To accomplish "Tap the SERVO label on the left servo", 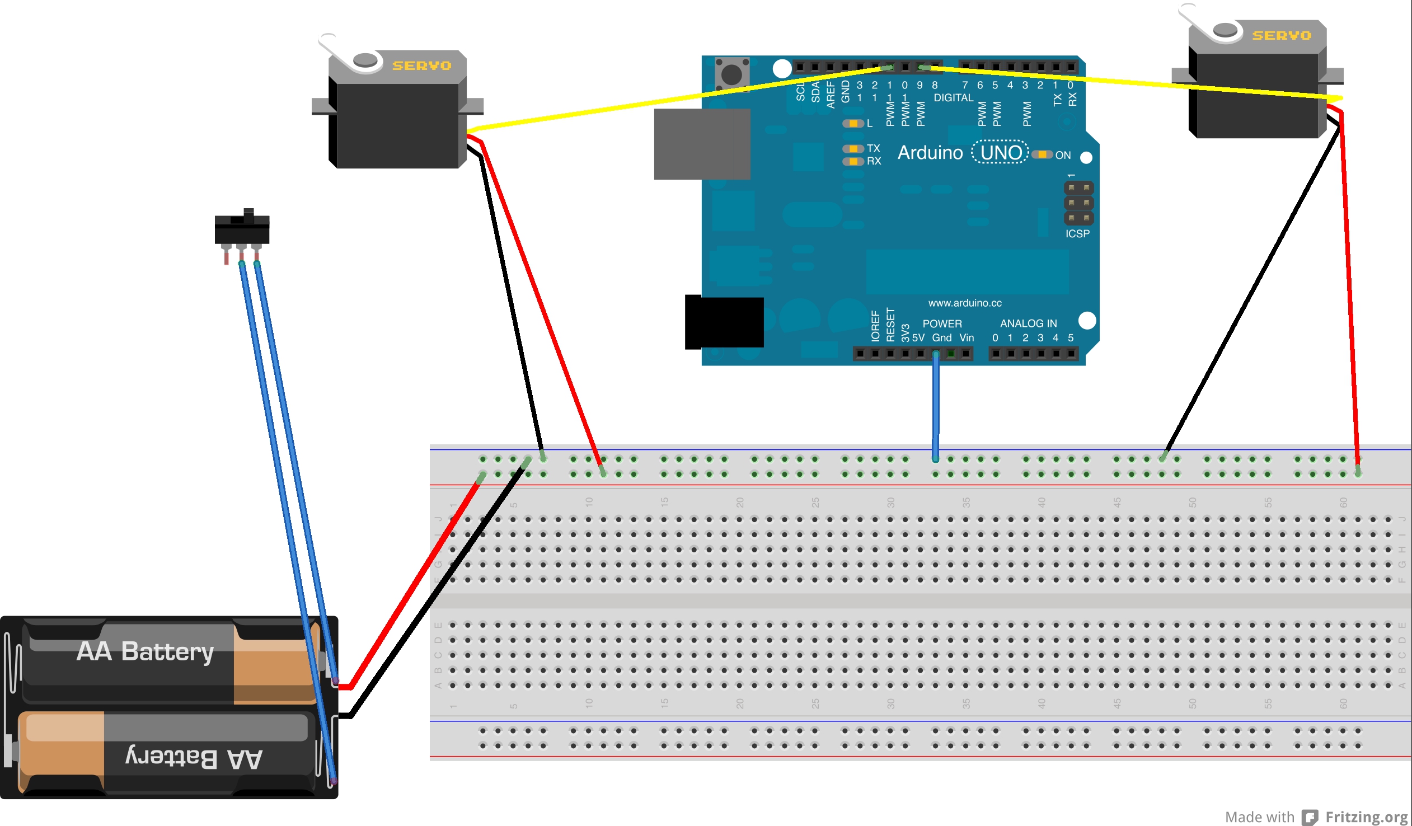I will coord(421,66).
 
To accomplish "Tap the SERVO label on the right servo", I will coord(1282,36).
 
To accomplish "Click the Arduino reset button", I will coord(732,74).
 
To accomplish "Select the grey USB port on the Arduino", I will coord(702,144).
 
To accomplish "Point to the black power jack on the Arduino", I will coord(724,322).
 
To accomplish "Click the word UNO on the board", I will coord(1001,152).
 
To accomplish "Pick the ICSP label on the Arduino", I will coord(1077,234).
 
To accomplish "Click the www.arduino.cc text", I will coord(965,303).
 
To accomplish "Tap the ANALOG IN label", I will coord(1028,323).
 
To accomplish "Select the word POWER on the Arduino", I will coord(942,324).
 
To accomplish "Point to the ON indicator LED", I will coord(1042,154).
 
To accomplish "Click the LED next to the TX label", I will coord(853,148).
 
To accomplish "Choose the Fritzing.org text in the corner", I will coord(1367,816).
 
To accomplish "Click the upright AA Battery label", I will coord(145,651).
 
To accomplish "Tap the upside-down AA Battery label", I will coord(194,758).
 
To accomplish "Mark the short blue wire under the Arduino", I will coord(935,406).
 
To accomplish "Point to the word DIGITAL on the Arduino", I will coord(953,97).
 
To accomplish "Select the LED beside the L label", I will coord(853,123).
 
